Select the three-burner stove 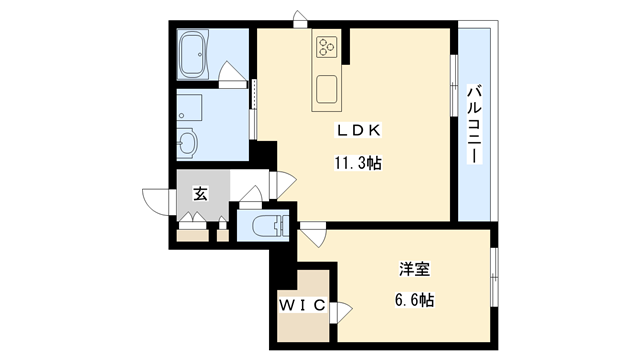coord(329,46)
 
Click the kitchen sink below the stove coord(329,88)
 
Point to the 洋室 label coord(413,268)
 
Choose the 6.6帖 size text coord(414,299)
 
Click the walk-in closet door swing coord(342,310)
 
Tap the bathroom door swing coord(232,76)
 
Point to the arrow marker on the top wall coord(298,17)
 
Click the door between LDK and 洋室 coord(311,232)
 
